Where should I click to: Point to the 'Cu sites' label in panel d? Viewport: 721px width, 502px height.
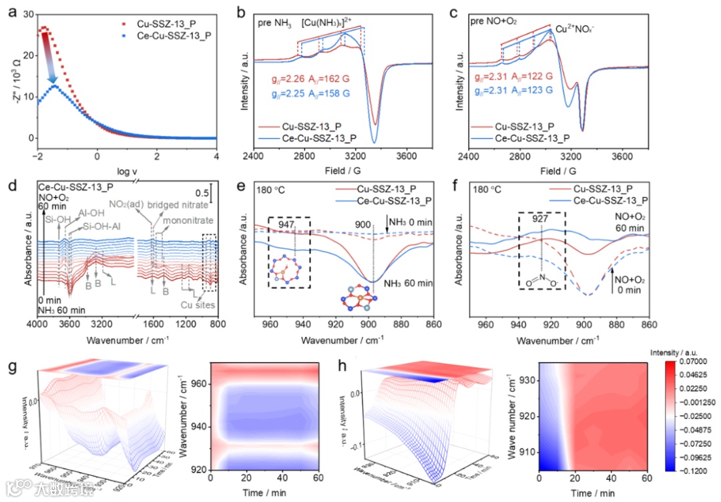(193, 306)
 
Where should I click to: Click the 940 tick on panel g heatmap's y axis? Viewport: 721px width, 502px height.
(201, 427)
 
